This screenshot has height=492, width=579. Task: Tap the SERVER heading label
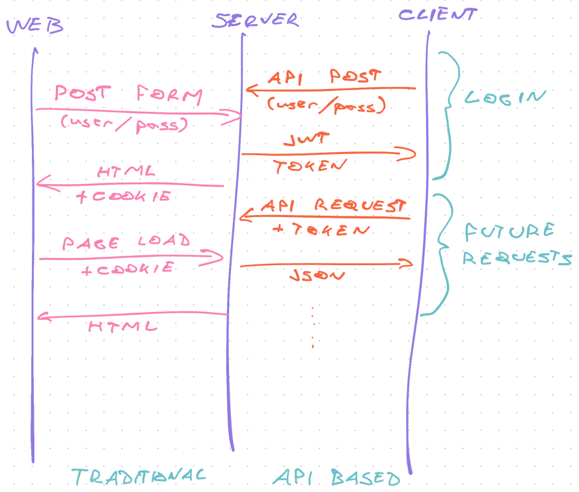[256, 20]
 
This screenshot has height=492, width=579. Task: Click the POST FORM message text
[128, 97]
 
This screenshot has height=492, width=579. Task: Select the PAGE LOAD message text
[126, 242]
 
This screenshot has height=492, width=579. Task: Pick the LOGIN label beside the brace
[505, 98]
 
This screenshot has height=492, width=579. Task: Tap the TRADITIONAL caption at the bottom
[139, 476]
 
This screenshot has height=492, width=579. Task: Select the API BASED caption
[336, 478]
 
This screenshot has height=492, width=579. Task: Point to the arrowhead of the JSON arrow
[409, 263]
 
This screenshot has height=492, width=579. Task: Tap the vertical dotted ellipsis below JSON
[313, 327]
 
